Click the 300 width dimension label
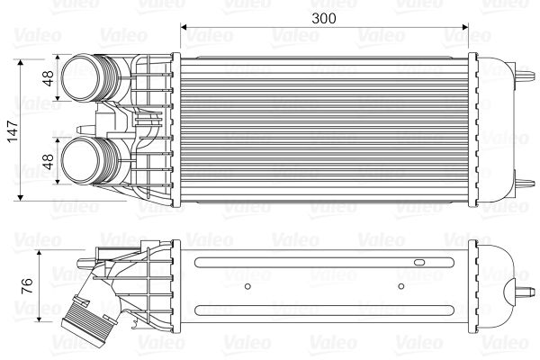323,18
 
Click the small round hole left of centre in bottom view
248,287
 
